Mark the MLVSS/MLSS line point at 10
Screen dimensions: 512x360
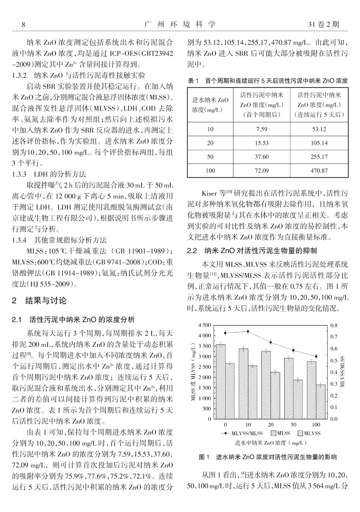248,331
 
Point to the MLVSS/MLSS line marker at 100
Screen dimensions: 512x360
316,356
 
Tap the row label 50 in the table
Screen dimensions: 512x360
210,157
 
